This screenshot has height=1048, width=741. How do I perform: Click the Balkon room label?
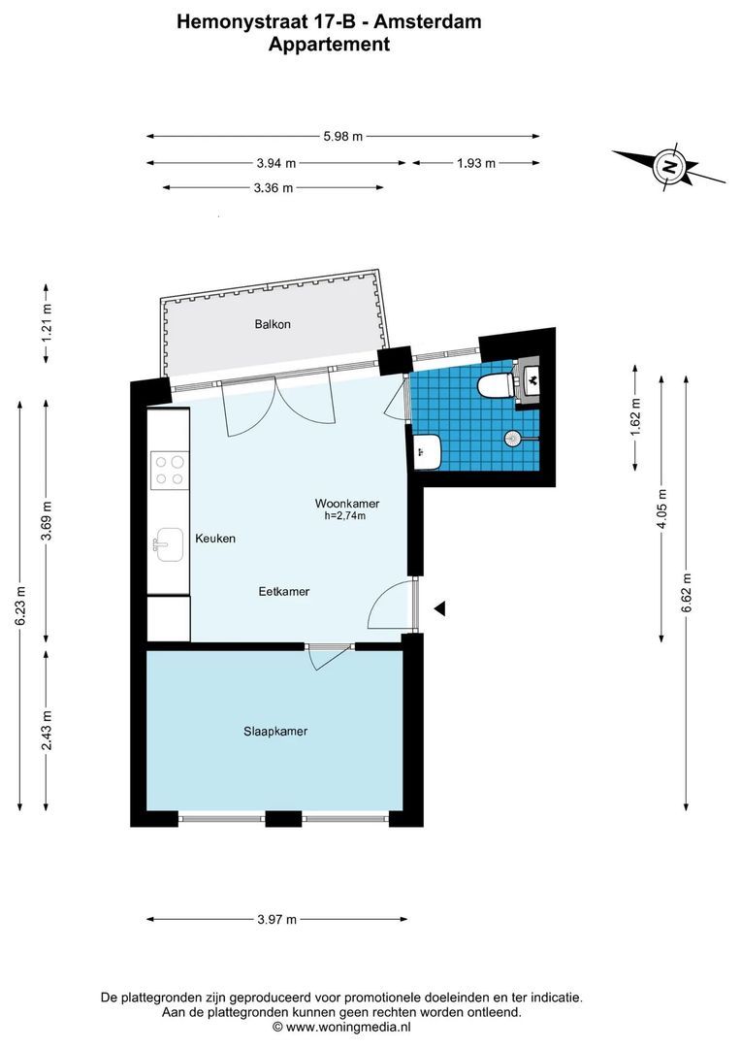(273, 324)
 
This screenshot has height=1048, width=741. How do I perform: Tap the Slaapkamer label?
(275, 732)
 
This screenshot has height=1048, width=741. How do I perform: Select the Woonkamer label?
(347, 504)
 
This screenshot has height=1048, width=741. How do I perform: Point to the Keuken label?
(215, 538)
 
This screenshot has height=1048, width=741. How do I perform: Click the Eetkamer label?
(284, 592)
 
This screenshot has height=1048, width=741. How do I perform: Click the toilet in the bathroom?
(496, 384)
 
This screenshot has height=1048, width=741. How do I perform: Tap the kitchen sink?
(169, 544)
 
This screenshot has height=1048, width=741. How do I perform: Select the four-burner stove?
(169, 470)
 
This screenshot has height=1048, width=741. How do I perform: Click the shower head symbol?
(512, 439)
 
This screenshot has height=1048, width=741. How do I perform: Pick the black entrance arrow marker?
(439, 608)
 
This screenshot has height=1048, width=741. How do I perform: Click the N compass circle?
(668, 167)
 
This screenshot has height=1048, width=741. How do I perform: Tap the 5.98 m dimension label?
(342, 137)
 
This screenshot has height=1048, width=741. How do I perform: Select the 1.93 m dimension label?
(476, 162)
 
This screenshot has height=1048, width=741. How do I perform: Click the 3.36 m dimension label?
(274, 188)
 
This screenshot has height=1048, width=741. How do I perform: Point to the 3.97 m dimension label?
(276, 920)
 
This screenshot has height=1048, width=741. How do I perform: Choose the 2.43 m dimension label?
(47, 730)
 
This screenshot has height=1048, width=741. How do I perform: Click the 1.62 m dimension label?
(635, 417)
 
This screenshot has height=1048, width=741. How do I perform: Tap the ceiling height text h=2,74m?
(344, 516)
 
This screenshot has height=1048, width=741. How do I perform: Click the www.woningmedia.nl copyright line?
(341, 1027)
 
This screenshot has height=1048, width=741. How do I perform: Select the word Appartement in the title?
(329, 45)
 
